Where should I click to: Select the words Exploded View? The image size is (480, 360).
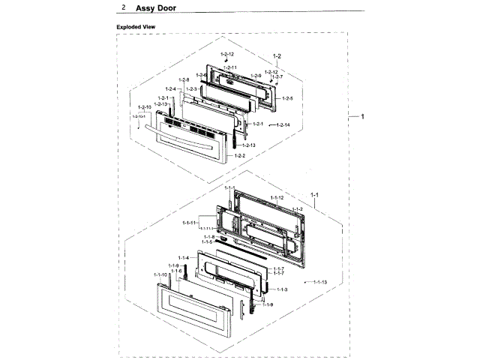pos(135,27)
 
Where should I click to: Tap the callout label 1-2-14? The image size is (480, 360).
pos(283,124)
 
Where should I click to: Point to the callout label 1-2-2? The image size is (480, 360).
pos(240,155)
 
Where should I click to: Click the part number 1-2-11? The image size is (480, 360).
pos(229,67)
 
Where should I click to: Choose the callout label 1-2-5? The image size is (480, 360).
pos(286,98)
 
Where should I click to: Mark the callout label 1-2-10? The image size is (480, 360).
pos(145,108)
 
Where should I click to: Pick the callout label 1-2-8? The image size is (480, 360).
pos(184,80)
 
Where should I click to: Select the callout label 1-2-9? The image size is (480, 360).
pos(256,76)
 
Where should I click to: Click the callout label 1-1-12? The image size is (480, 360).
pos(276,197)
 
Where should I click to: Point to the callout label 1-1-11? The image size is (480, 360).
pos(189,223)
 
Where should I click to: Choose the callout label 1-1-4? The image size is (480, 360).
pos(184,258)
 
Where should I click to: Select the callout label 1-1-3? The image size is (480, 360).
pos(282,289)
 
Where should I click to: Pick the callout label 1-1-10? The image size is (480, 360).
pos(160,275)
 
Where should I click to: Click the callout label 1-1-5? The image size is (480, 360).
pos(206,242)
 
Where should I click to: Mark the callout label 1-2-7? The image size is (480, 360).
pos(277,77)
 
